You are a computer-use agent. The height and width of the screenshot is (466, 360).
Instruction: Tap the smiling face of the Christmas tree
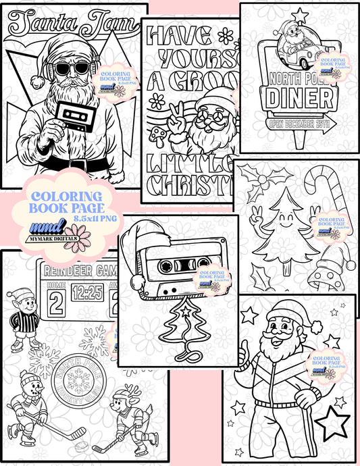point(279,218)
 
